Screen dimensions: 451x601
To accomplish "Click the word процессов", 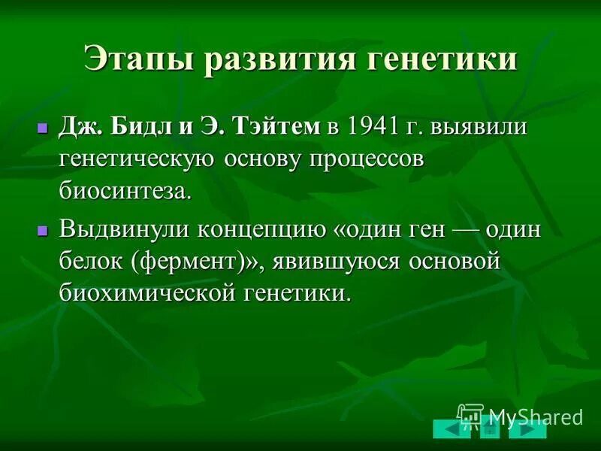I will [362, 159].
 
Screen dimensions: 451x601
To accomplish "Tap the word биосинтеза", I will [125, 191].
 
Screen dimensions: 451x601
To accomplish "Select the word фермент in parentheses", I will [196, 261].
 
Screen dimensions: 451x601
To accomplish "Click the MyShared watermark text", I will [535, 416].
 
